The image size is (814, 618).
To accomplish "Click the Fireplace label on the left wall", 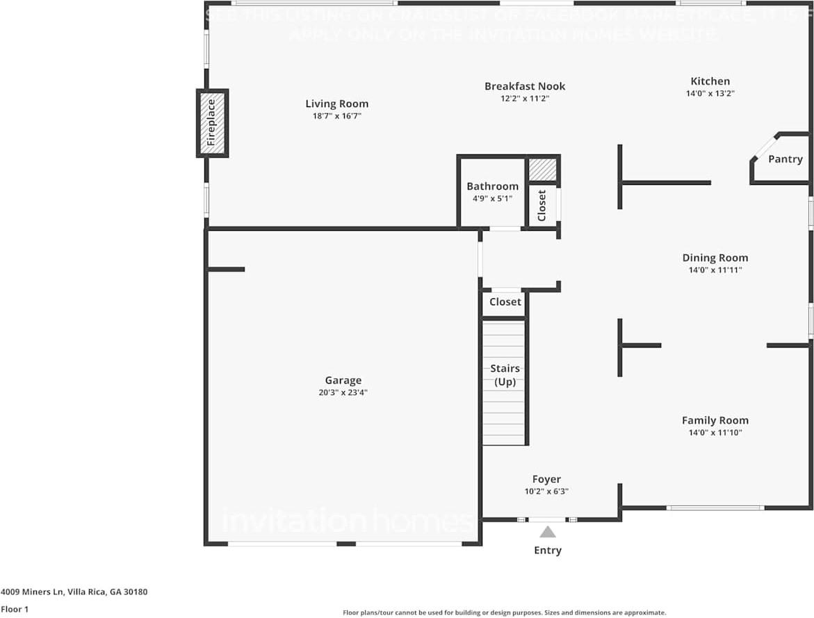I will coord(211,123).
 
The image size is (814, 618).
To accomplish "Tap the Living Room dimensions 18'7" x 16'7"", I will coord(336,116).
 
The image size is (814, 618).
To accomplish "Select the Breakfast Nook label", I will coord(525,86).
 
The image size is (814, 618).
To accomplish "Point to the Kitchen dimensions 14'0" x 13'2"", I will coord(710,93).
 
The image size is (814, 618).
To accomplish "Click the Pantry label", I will coord(785,159).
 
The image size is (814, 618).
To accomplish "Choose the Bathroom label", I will coord(492,186).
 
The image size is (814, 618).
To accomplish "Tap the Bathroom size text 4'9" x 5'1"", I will coord(492,199).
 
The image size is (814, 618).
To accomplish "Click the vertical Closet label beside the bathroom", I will coord(542,205).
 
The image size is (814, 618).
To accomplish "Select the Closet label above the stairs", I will coord(505,302).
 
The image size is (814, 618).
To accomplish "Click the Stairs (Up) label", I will coord(505,375).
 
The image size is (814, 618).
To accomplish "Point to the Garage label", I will coord(343,380).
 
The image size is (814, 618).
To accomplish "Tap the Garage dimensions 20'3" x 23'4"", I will coord(343,393).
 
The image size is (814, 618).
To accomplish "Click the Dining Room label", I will coord(715,258).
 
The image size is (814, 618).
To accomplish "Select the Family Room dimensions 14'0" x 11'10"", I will coord(715,433).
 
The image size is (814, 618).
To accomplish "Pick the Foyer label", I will coord(546,479).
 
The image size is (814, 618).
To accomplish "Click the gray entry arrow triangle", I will coord(548,532).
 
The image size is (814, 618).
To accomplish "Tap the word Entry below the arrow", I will coord(548,551).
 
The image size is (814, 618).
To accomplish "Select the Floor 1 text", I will coord(15,609).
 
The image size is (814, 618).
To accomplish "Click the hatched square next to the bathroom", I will coord(542,170).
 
